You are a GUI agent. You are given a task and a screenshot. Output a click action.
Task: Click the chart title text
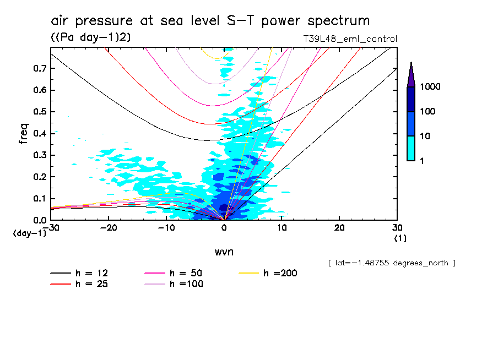click(210, 21)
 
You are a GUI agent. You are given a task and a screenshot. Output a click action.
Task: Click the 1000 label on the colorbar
click(431, 87)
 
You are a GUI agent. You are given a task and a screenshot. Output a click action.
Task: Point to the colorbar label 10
click(427, 136)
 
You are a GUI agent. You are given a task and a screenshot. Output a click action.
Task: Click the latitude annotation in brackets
click(391, 263)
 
